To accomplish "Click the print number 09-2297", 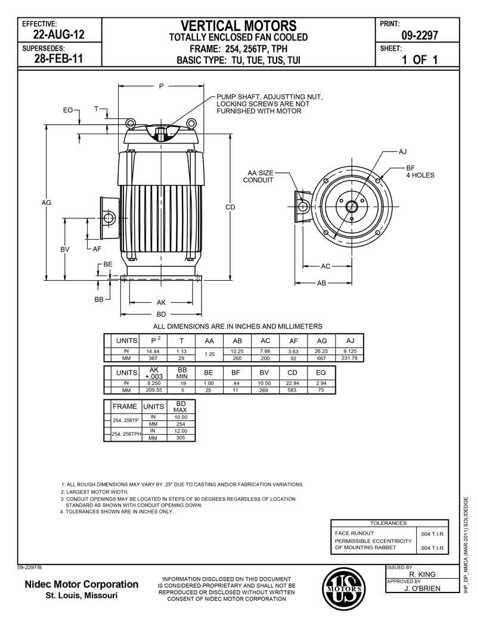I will pos(420,36).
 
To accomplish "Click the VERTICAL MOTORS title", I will pos(238,26).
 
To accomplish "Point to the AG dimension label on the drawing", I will pos(47,203).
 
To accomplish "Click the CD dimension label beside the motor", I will pos(230,207).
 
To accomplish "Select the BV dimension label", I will pos(65,249).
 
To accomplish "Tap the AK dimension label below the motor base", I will pos(161,302).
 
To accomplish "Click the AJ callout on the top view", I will pos(402,151).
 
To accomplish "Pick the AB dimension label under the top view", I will pos(321,283).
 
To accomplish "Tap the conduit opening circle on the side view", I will pos(109,219).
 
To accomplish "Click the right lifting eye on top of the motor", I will pos(191,123).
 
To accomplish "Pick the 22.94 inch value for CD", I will pos(292,382).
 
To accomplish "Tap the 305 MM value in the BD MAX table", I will pos(181,438).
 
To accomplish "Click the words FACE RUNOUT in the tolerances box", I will pos(354,533).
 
